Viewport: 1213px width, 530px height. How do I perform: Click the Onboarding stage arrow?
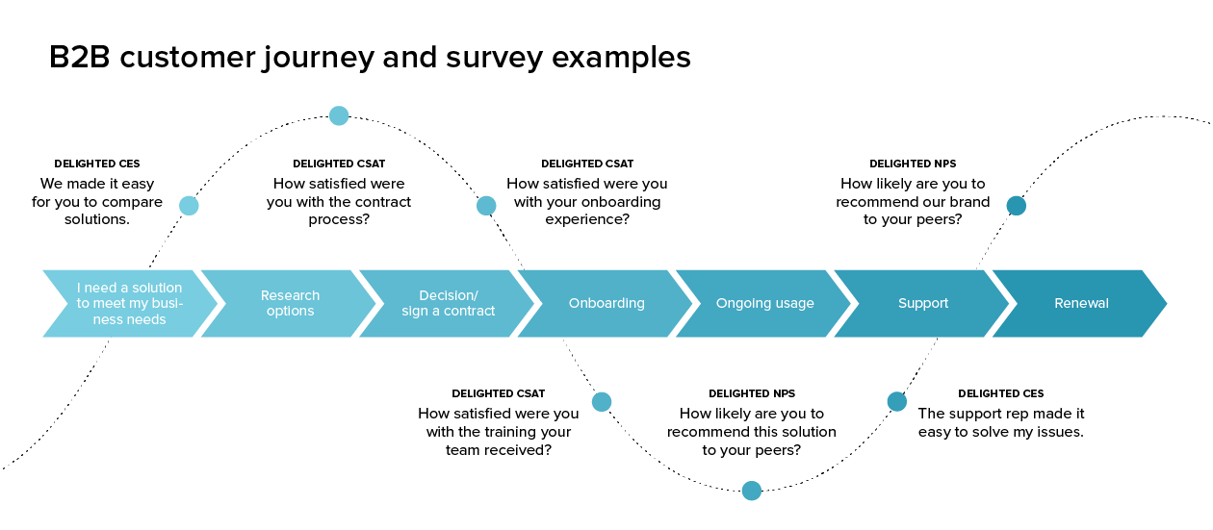(x=606, y=303)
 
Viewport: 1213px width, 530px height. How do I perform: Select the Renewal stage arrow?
(x=1081, y=303)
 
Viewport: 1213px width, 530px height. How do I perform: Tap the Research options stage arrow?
(x=290, y=303)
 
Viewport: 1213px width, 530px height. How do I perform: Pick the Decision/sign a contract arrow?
(x=449, y=303)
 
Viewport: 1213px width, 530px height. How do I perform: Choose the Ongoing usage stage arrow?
(x=764, y=303)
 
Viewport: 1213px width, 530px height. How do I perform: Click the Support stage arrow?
(x=923, y=303)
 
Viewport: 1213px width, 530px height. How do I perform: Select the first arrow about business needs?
(x=128, y=303)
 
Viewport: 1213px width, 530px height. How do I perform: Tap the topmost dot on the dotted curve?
(x=339, y=116)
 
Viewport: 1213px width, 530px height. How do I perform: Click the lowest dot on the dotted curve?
(x=752, y=492)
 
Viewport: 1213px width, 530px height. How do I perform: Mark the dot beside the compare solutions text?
(x=189, y=205)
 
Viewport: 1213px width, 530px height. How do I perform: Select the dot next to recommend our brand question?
(x=1016, y=205)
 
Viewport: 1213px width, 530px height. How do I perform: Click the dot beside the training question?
(x=602, y=402)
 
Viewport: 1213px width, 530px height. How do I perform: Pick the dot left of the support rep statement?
(x=896, y=402)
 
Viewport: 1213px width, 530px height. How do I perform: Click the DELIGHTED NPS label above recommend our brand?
(x=913, y=164)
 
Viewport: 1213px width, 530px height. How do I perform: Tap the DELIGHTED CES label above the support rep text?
(x=1001, y=393)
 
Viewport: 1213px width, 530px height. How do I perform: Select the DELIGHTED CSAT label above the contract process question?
(x=339, y=164)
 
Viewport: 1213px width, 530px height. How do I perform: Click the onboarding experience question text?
(x=587, y=201)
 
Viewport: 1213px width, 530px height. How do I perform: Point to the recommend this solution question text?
(x=752, y=432)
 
